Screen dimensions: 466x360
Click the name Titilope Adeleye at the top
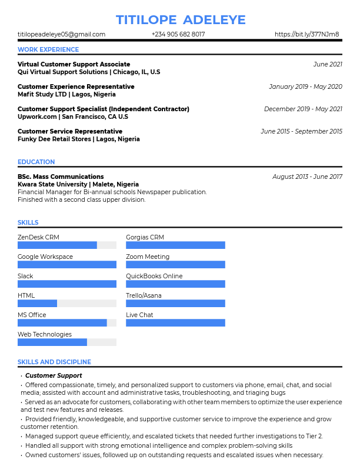pyautogui.click(x=180, y=19)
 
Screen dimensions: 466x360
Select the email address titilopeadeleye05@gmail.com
pyautogui.click(x=61, y=35)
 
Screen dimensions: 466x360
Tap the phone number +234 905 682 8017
pyautogui.click(x=178, y=35)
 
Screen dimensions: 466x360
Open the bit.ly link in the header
pyautogui.click(x=306, y=35)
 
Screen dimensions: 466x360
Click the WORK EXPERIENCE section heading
pyautogui.click(x=48, y=50)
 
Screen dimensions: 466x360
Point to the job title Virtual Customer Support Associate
pyautogui.click(x=74, y=64)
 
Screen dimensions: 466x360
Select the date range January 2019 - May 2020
pyautogui.click(x=305, y=86)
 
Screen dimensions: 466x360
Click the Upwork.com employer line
pyautogui.click(x=73, y=117)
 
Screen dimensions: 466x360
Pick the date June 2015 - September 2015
pyautogui.click(x=301, y=131)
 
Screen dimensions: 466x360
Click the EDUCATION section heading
pyautogui.click(x=36, y=162)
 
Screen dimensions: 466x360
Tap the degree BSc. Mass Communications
pyautogui.click(x=61, y=177)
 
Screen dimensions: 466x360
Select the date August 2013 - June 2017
pyautogui.click(x=307, y=177)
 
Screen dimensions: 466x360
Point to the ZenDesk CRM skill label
pyautogui.click(x=38, y=237)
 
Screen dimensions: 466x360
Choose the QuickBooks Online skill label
pyautogui.click(x=154, y=276)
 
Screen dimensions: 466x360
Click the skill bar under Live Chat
pyautogui.click(x=175, y=323)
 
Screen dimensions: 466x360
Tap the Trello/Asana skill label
pyautogui.click(x=144, y=295)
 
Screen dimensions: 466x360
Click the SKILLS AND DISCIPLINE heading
pyautogui.click(x=54, y=362)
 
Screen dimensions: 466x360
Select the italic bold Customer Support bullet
pyautogui.click(x=54, y=375)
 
